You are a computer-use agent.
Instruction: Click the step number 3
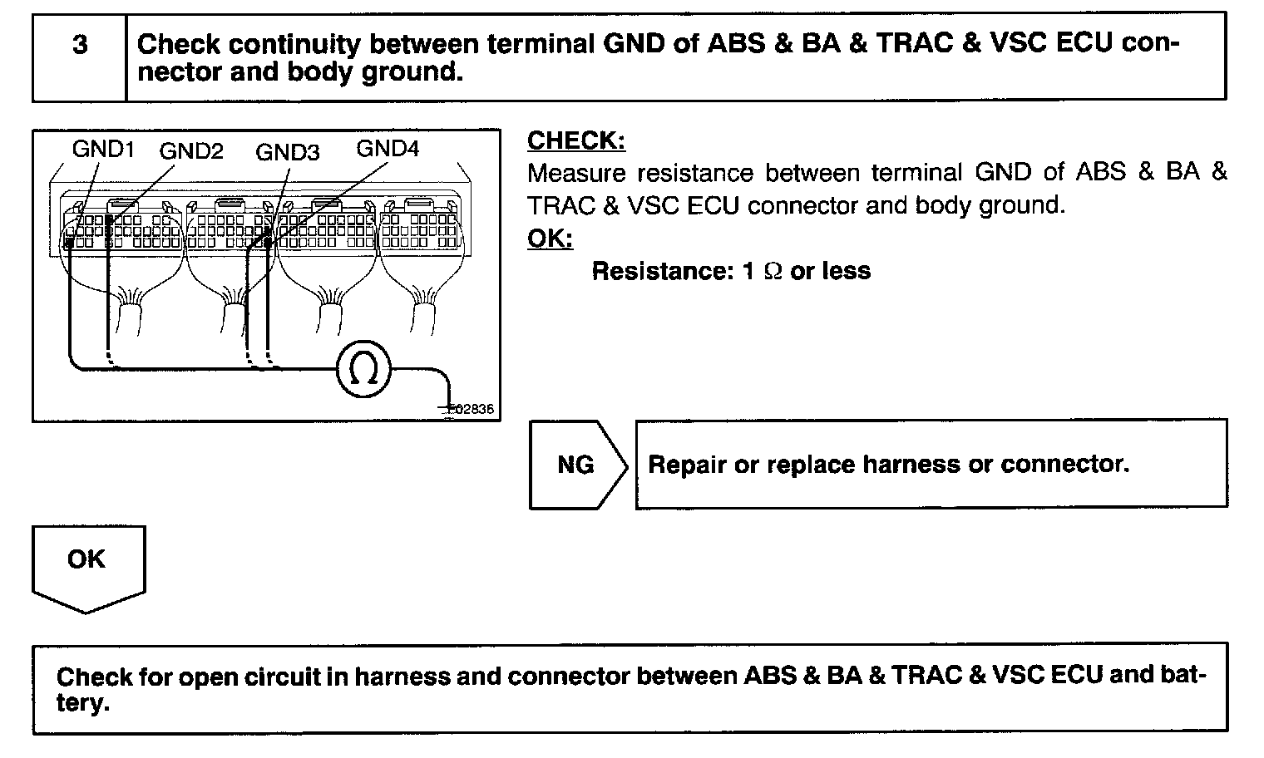tap(80, 45)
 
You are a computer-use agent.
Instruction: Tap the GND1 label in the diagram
tap(103, 149)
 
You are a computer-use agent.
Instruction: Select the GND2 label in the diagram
tap(191, 151)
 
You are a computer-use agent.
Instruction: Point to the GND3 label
tap(287, 152)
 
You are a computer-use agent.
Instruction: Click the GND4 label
tap(388, 149)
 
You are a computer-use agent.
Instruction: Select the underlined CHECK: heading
tap(576, 141)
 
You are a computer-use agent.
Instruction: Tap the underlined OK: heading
tap(550, 239)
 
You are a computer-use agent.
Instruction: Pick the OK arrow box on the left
tap(87, 565)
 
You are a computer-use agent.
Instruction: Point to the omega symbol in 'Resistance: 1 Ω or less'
tap(773, 272)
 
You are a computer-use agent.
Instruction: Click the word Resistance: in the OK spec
tap(661, 271)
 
